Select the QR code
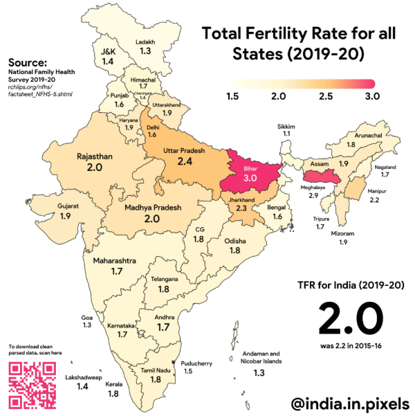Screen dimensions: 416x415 pos(32,385)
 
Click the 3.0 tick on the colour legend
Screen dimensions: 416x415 pos(372,96)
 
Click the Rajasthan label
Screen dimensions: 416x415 pos(95,156)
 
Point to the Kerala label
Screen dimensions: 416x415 pos(113,383)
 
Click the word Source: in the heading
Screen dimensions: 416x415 pos(28,62)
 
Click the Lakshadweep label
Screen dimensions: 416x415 pos(82,378)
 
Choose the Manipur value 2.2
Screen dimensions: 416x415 pos(374,200)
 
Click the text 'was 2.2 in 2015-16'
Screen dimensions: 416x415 pos(351,346)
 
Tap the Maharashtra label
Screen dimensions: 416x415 pos(116,261)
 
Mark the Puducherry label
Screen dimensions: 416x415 pos(196,362)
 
